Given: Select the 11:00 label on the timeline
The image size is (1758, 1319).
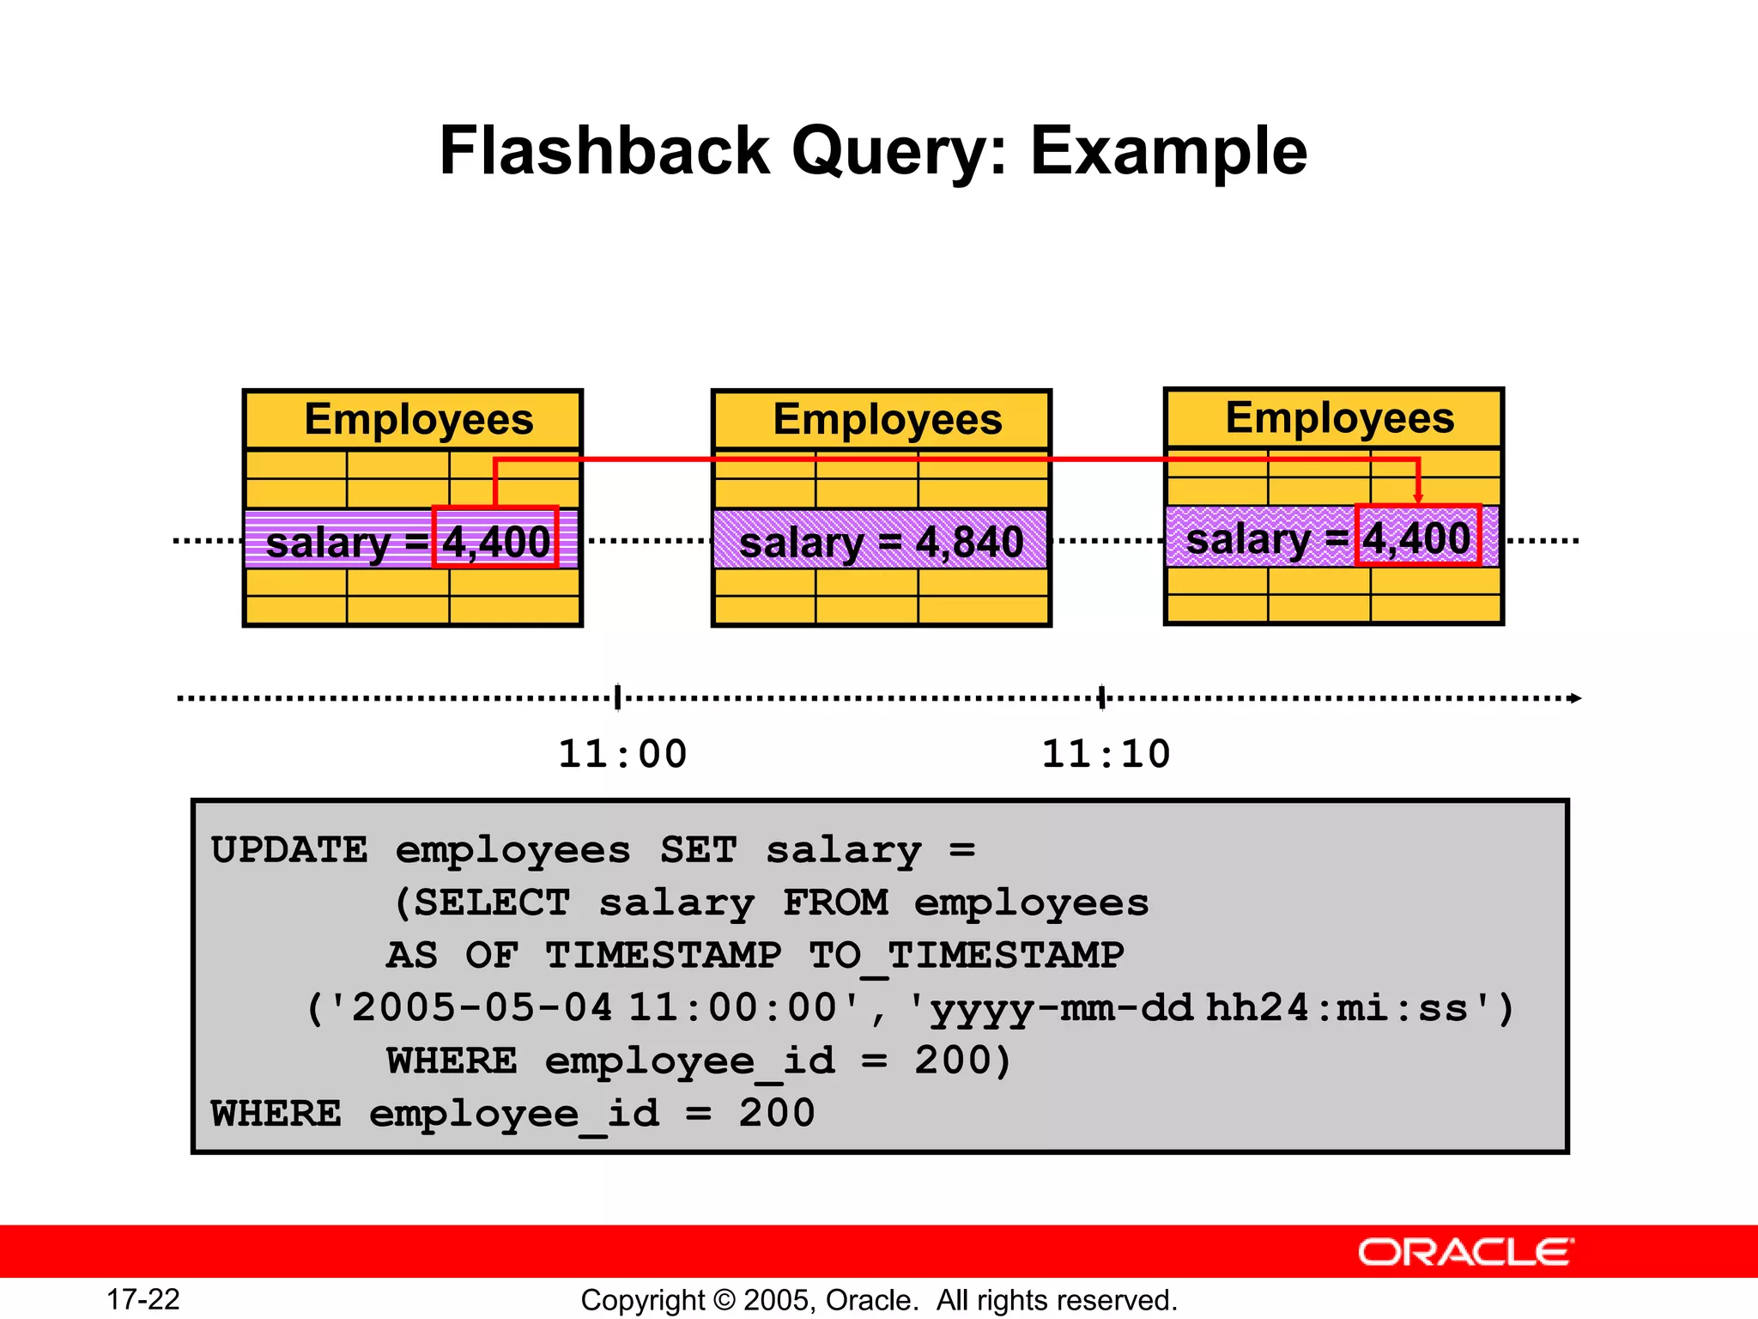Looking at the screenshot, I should click(622, 754).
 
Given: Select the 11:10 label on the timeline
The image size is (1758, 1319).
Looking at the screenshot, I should click(1106, 754).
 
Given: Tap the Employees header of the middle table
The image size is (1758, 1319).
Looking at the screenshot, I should click(887, 420).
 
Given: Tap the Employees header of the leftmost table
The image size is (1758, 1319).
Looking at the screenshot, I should click(419, 420).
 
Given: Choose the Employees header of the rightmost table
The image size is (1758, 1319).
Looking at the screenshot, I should click(1339, 418).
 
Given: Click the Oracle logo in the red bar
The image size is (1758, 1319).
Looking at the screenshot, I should click(1465, 1252).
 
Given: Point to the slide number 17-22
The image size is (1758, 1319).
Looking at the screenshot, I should click(143, 1299).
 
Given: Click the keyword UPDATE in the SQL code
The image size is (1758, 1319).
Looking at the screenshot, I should click(289, 850).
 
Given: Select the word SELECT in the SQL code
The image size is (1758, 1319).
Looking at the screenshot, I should click(492, 903).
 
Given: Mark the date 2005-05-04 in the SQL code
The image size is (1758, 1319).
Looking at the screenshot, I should click(482, 1007).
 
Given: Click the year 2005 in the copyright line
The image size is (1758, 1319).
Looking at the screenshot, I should click(776, 1300).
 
